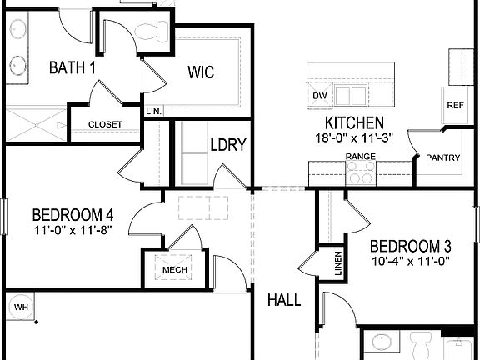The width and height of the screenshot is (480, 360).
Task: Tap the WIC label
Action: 200,72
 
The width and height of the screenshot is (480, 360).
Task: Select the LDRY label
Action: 227,145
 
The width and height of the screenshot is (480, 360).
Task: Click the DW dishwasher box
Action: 319,96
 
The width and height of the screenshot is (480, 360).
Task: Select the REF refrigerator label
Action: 455,106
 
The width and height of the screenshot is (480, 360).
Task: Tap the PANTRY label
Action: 443,157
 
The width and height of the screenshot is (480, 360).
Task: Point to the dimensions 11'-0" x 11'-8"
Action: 74,229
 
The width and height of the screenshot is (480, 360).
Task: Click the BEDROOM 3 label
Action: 410,247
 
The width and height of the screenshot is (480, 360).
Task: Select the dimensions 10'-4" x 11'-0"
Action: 411,261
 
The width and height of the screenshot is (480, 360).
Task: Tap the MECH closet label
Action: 174,270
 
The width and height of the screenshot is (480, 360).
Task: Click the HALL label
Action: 284,300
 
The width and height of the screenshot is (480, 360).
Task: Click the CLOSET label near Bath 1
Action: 105,125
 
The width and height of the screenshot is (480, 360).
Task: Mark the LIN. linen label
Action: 154,111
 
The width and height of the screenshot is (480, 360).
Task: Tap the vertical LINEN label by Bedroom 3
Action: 339,265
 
